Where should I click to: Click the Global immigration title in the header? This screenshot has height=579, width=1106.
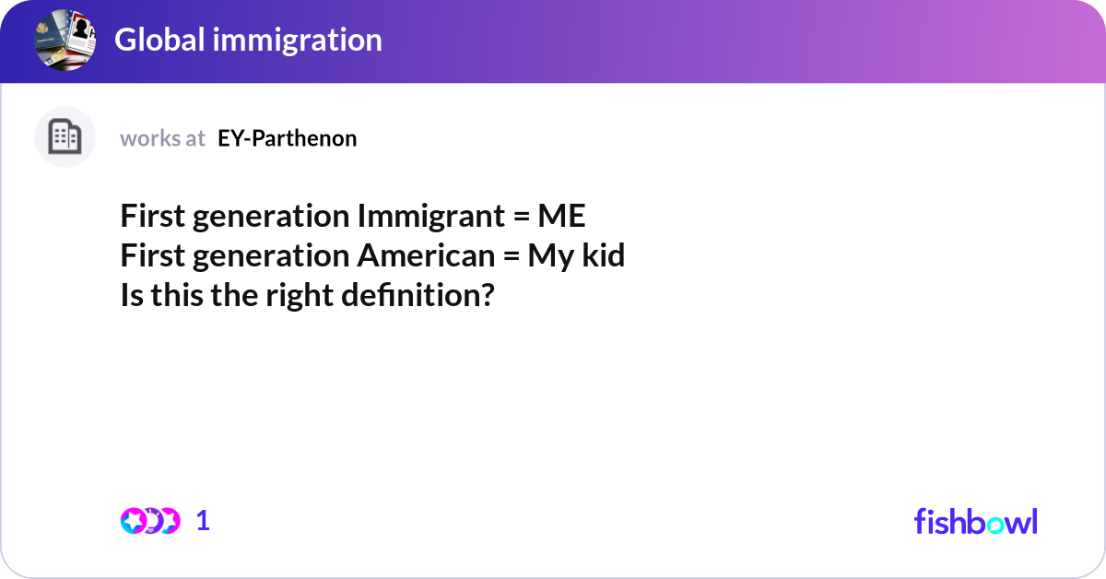coord(248,40)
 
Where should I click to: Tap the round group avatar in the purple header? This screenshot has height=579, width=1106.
coord(65,40)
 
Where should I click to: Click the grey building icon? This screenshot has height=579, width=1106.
coord(65,137)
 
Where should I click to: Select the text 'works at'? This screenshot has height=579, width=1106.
coord(162,138)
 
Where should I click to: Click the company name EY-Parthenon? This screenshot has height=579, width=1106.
coord(288,138)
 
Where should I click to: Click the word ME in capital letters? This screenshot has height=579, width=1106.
coord(561,217)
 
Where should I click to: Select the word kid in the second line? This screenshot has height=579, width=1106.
coord(603,256)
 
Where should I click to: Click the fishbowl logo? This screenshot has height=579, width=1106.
coord(975,521)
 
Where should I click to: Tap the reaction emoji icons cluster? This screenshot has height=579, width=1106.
coord(149,521)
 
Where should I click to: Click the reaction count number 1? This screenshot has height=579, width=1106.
coord(204,521)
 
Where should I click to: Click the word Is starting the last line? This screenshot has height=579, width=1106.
coord(130,296)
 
